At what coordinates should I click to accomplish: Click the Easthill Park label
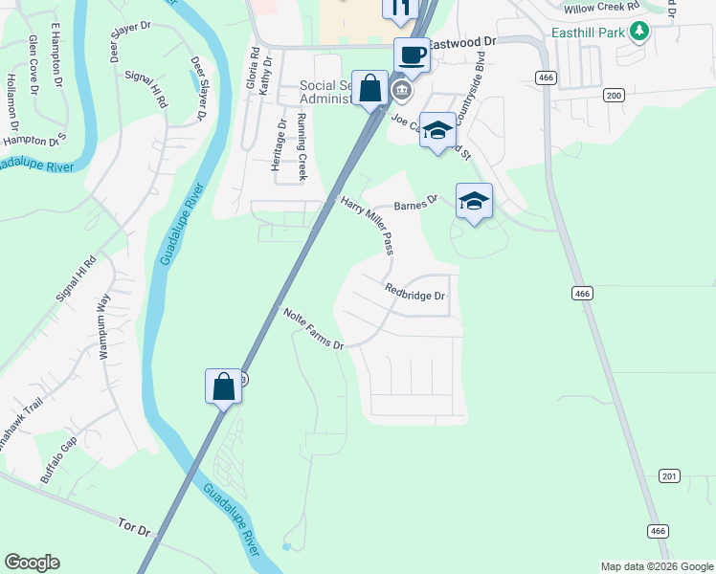pos(588,32)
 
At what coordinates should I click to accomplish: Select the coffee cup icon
pos(412,55)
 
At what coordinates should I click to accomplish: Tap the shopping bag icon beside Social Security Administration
pos(369,89)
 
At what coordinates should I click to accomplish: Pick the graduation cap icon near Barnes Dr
pos(474,201)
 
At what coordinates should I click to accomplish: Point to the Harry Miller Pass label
pos(368,225)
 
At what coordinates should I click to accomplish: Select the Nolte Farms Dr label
pos(313,328)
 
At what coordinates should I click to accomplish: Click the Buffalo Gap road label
pos(58,458)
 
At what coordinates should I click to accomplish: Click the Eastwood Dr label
pos(463,43)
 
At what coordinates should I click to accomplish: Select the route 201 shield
pos(669,476)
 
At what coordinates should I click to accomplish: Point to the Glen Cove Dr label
pos(34,64)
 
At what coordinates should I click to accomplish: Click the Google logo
pos(32,563)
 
